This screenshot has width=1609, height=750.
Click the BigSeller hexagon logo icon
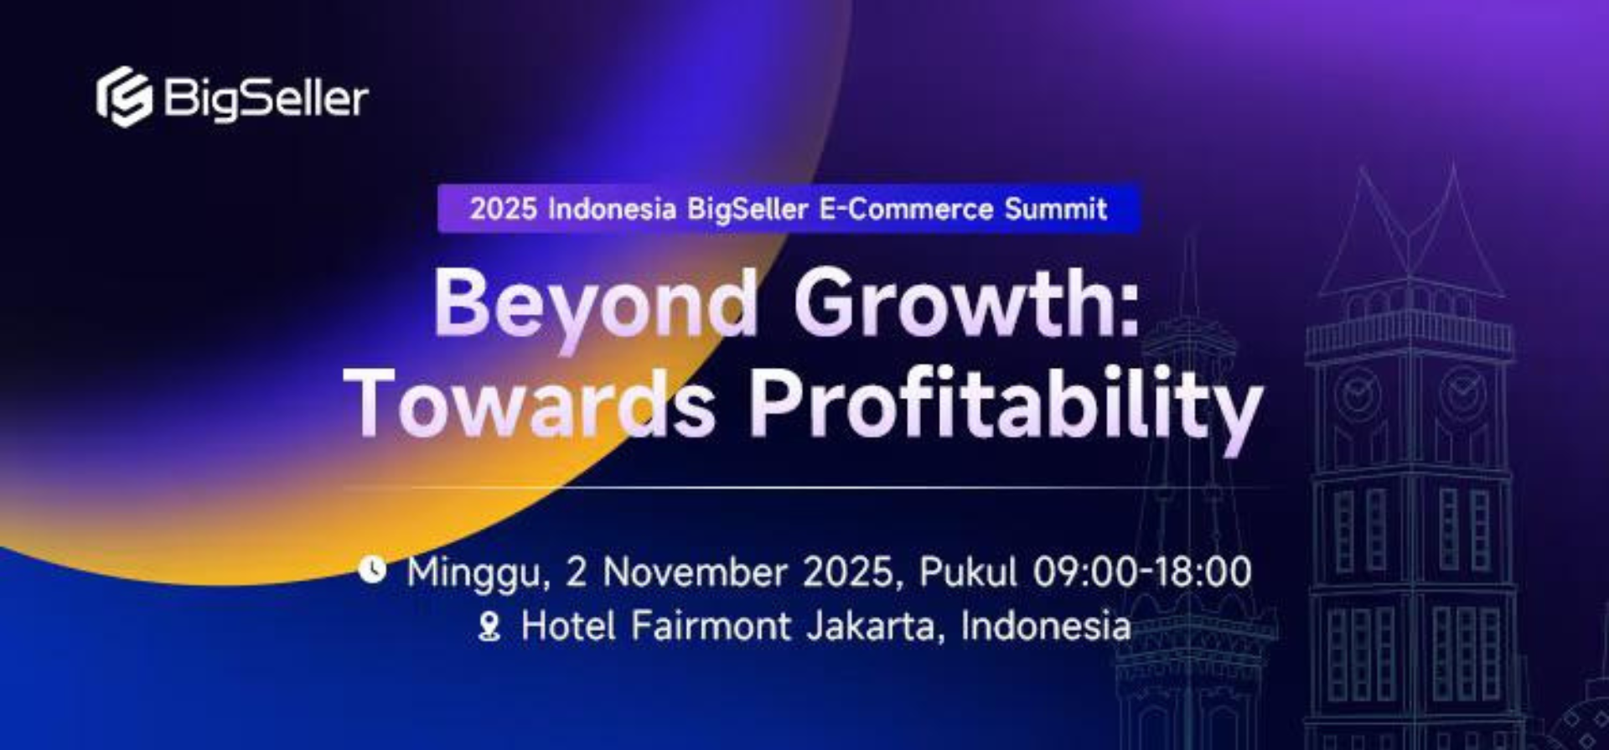124,97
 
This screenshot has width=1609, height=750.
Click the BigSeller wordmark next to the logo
266,99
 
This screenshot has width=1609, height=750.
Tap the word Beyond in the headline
595,303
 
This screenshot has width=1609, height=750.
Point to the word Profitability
1004,404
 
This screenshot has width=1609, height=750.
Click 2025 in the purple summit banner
503,209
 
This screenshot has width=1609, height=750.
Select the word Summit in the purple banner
1056,209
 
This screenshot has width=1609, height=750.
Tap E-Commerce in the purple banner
905,209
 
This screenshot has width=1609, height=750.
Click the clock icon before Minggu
372,570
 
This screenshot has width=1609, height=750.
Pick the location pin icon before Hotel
489,627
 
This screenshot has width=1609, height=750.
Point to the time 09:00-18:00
1141,572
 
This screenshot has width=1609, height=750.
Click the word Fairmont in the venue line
711,626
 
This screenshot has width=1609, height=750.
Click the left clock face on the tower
1357,394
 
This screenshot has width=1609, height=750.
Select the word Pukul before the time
968,572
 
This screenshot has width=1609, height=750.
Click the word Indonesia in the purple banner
611,209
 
